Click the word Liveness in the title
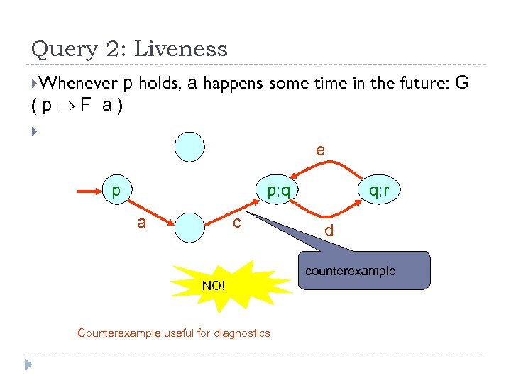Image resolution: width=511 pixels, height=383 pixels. (181, 49)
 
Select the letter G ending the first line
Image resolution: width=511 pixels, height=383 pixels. (461, 83)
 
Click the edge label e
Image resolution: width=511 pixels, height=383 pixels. (321, 150)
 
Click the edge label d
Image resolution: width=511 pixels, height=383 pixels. (329, 231)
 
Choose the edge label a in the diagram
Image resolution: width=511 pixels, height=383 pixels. (142, 223)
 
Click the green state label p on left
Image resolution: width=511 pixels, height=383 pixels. (116, 190)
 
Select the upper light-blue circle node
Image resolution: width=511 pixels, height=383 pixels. (192, 148)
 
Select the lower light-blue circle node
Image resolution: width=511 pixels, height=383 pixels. (192, 228)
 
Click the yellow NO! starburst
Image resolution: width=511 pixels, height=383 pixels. (213, 285)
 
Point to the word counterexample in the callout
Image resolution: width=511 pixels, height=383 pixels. (351, 271)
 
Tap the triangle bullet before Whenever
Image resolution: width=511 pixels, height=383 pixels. (35, 84)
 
